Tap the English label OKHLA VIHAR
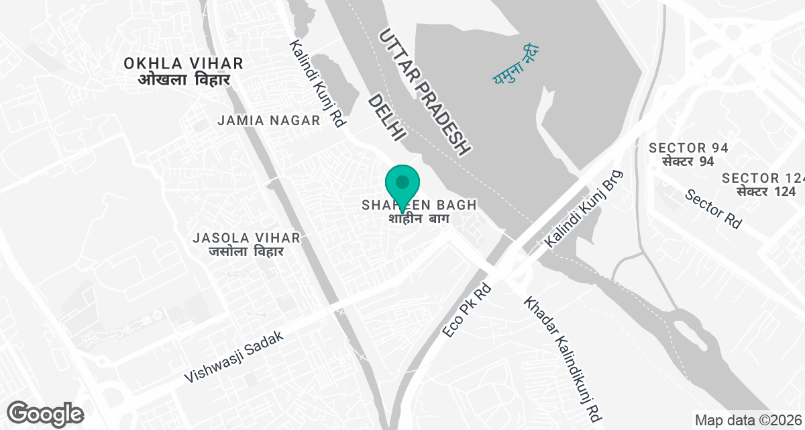pyautogui.click(x=183, y=64)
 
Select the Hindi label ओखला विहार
pyautogui.click(x=184, y=80)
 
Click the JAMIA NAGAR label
pyautogui.click(x=268, y=120)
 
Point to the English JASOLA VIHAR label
pyautogui.click(x=246, y=238)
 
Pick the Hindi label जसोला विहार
pyautogui.click(x=246, y=252)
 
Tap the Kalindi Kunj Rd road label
pyautogui.click(x=317, y=83)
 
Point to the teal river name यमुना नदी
pyautogui.click(x=513, y=65)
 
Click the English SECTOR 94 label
pyautogui.click(x=688, y=148)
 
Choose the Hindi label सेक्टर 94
pyautogui.click(x=688, y=162)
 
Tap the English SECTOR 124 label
pyautogui.click(x=763, y=178)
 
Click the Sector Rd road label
pyautogui.click(x=714, y=208)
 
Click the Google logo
pyautogui.click(x=46, y=413)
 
